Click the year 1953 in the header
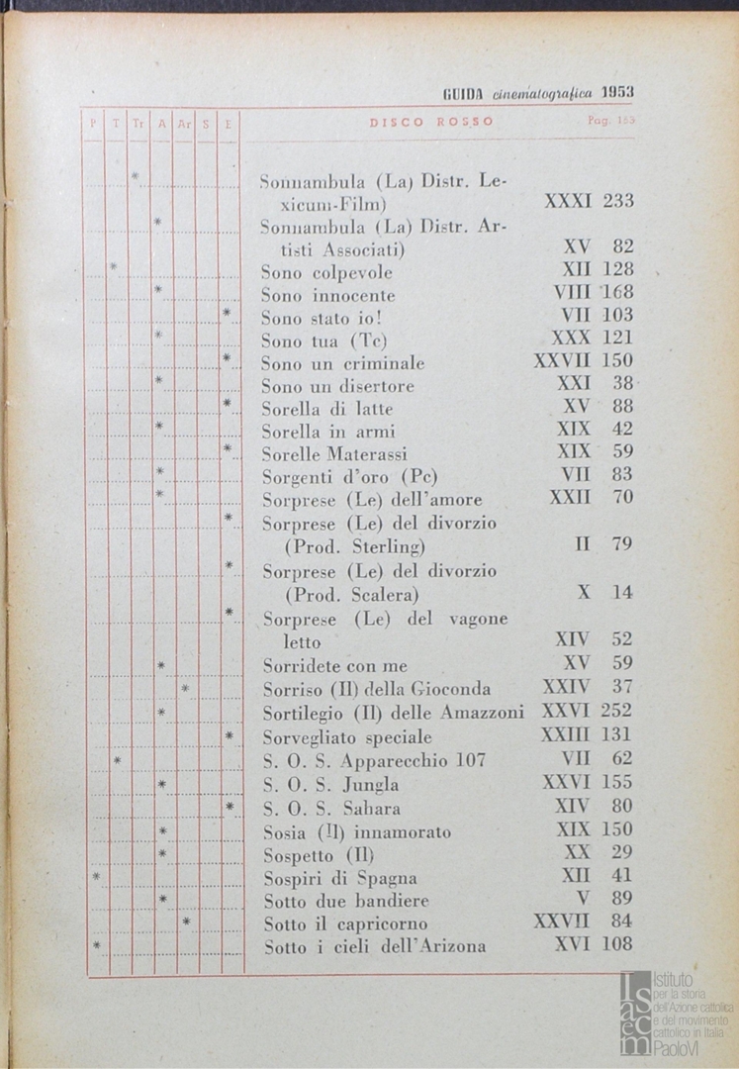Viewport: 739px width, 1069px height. click(615, 92)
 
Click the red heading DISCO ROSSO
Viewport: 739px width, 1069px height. click(431, 123)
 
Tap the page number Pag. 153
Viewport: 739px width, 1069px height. click(610, 122)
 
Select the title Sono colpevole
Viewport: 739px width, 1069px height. click(326, 272)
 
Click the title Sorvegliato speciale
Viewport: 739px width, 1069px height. click(346, 737)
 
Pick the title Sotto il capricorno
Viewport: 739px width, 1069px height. click(345, 923)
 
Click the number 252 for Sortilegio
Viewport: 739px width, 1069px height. click(615, 711)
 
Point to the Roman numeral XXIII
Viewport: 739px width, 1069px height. click(565, 735)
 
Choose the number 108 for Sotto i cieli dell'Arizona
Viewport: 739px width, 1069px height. click(615, 944)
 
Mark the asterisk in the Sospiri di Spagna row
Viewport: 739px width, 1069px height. click(96, 876)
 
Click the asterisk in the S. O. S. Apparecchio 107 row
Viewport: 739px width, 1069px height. click(117, 760)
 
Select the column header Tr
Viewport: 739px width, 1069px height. click(138, 124)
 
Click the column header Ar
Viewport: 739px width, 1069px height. click(184, 124)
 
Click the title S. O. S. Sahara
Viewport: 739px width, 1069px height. click(331, 808)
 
